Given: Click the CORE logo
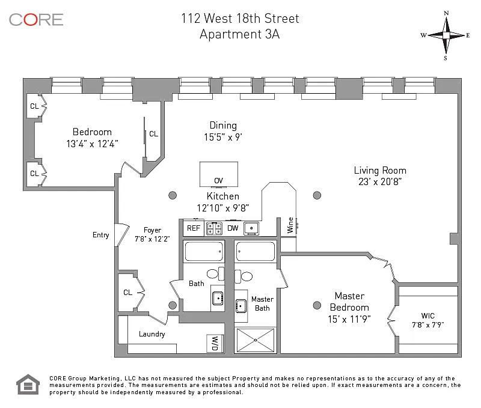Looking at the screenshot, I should (x=36, y=19).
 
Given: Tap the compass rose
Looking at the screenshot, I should (x=446, y=35).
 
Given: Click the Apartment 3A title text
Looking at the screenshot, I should (x=239, y=34).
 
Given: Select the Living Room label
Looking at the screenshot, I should (x=379, y=170).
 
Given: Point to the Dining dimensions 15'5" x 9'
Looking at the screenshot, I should (x=222, y=137).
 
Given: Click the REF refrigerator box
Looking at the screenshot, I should (x=193, y=228).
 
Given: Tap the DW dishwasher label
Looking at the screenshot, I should (x=233, y=228).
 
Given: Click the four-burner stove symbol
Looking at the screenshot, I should (x=213, y=228).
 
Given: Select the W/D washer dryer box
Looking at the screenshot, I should (x=213, y=343).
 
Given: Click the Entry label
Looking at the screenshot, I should (x=101, y=235).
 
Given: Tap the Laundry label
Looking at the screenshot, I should (x=152, y=334).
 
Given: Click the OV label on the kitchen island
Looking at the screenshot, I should (x=218, y=180).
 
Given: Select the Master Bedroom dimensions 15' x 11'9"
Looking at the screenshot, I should (x=349, y=318).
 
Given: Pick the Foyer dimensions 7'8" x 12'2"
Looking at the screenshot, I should (x=152, y=239).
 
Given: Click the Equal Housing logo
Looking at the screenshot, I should (x=27, y=385).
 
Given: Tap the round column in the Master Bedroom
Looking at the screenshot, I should (x=317, y=305).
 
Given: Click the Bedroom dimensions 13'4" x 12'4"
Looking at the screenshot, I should (x=92, y=144).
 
